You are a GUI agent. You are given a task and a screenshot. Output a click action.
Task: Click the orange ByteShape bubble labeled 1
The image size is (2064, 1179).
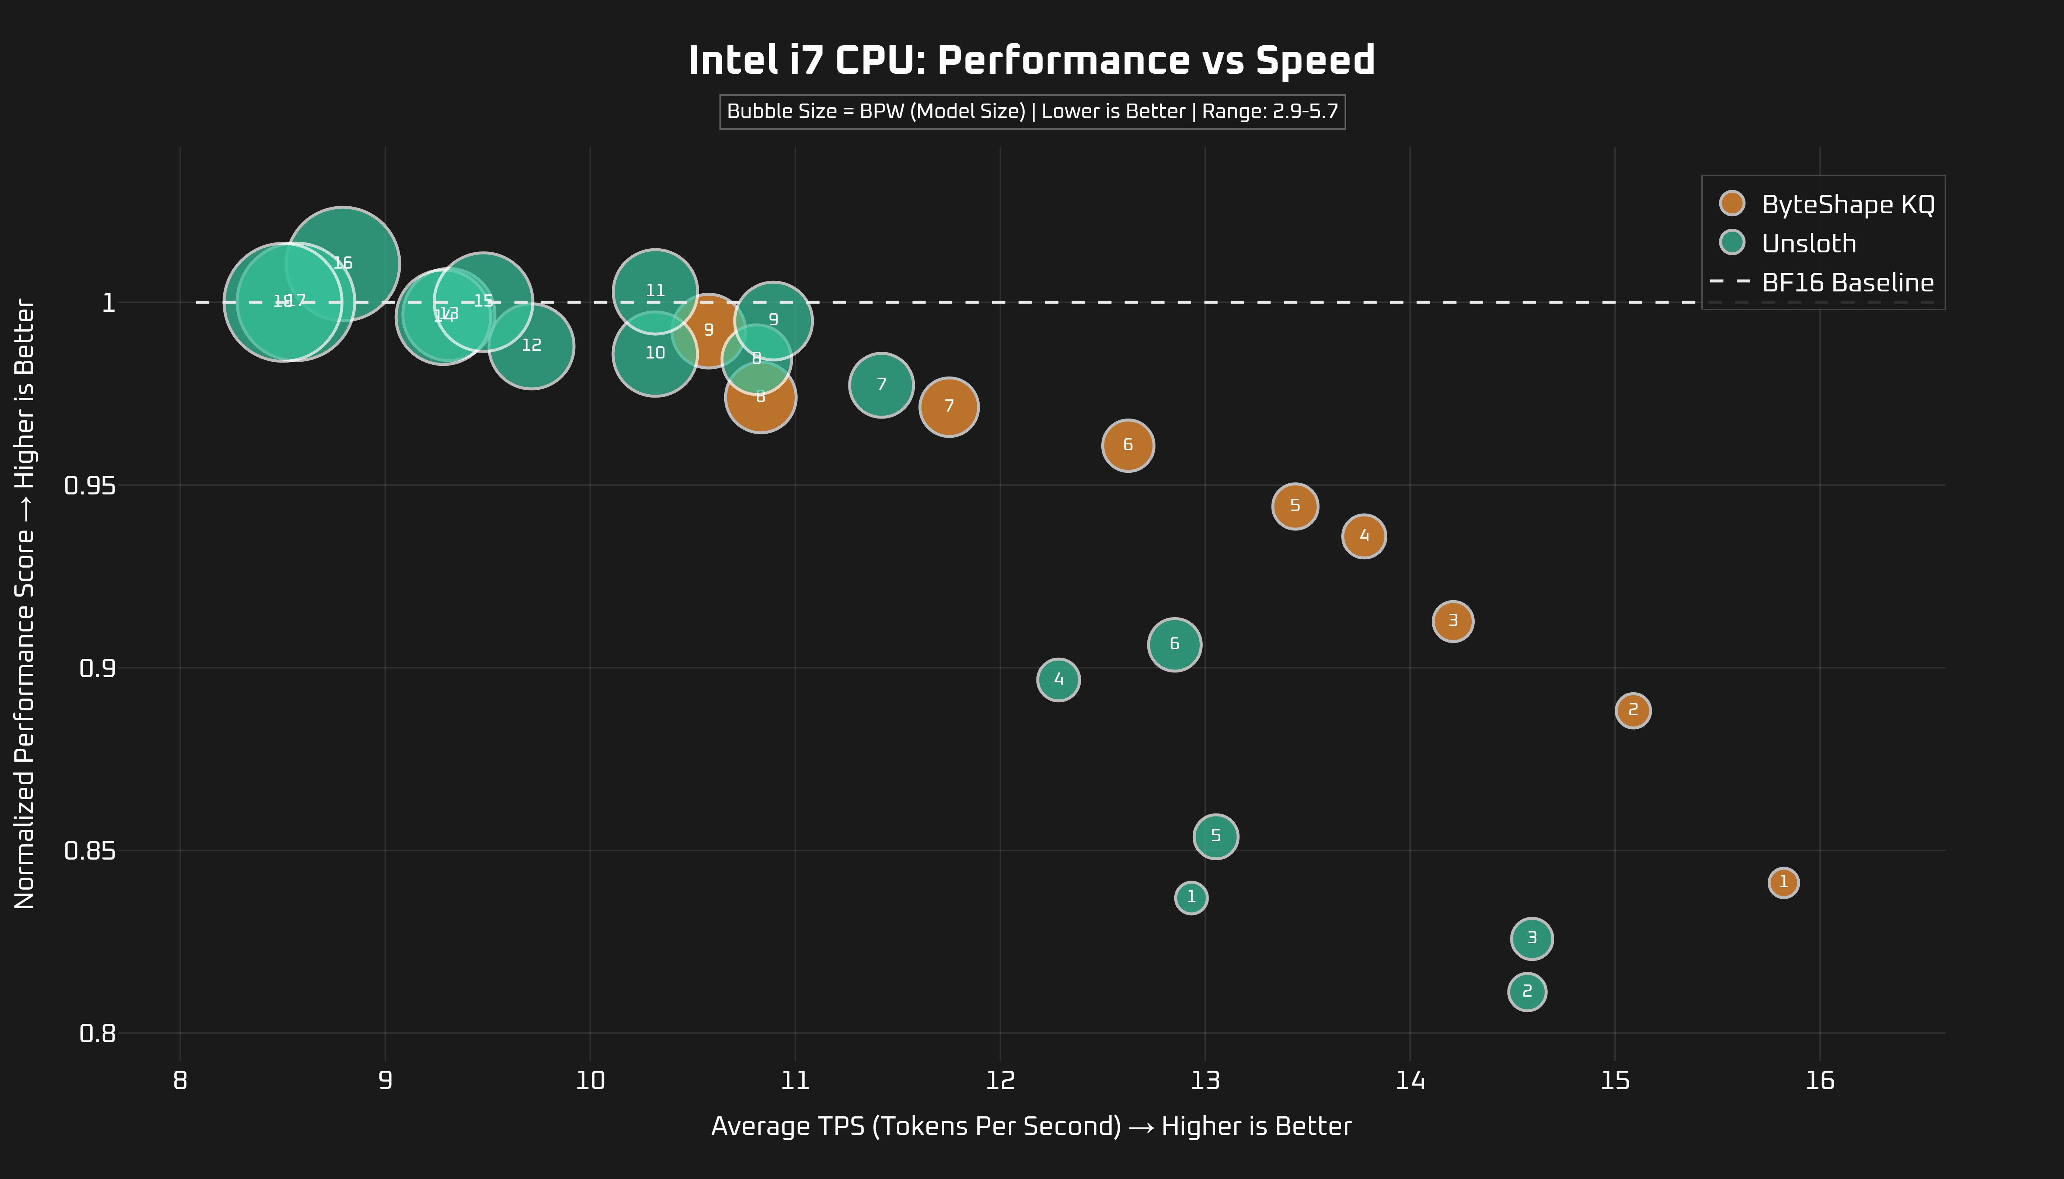pyautogui.click(x=1783, y=882)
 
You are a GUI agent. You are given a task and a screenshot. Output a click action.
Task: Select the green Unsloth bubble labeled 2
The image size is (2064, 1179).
pyautogui.click(x=1527, y=991)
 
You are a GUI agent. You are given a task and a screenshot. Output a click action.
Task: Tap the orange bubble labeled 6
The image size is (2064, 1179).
pyautogui.click(x=1127, y=445)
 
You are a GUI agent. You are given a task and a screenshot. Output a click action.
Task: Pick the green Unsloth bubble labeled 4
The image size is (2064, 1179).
pyautogui.click(x=1058, y=679)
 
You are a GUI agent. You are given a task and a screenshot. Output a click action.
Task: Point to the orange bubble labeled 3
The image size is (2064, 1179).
pyautogui.click(x=1453, y=621)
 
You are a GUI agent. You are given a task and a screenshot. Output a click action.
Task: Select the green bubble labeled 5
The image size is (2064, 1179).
pyautogui.click(x=1215, y=836)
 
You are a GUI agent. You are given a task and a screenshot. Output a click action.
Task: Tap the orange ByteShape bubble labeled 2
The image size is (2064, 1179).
pyautogui.click(x=1632, y=710)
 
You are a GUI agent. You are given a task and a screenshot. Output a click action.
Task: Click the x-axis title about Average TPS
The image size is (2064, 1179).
pyautogui.click(x=1031, y=1126)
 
